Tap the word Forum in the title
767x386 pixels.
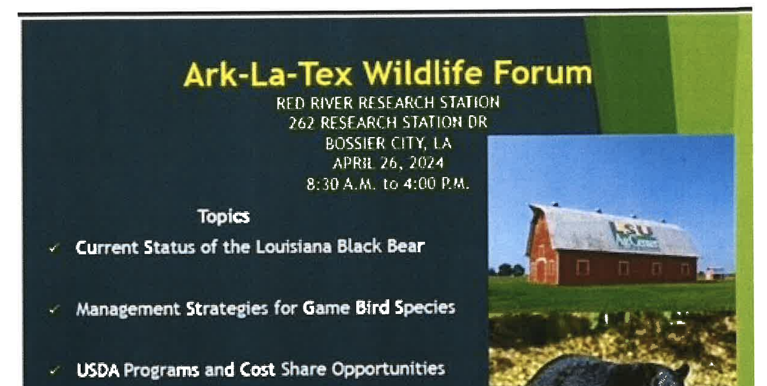543,73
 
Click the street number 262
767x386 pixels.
301,123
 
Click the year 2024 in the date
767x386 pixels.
426,163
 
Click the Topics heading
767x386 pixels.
224,217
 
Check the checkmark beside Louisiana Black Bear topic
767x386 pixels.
54,248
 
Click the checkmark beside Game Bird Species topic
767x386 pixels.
54,310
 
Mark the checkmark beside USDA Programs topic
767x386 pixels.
54,371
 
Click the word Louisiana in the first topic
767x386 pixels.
294,247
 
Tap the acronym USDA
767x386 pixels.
98,370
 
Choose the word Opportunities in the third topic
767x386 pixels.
388,370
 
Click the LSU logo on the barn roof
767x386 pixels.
634,236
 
